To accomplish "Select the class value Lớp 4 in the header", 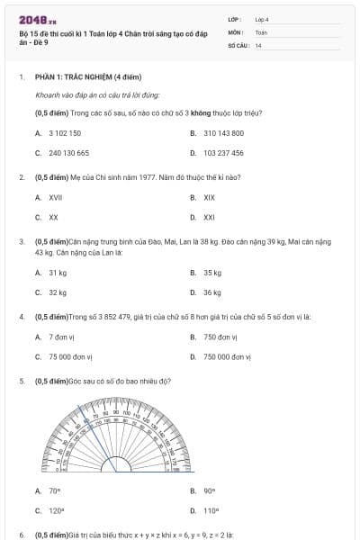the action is click(261, 19).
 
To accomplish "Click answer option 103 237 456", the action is click(223, 153).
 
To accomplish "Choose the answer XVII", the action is click(55, 197).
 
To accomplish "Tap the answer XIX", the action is click(209, 197).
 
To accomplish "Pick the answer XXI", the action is click(209, 217).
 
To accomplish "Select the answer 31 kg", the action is click(58, 272).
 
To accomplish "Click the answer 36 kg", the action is click(212, 292).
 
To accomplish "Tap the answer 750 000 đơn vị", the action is click(231, 357).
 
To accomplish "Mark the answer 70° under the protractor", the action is click(54, 490).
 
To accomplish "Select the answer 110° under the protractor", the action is click(211, 510).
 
